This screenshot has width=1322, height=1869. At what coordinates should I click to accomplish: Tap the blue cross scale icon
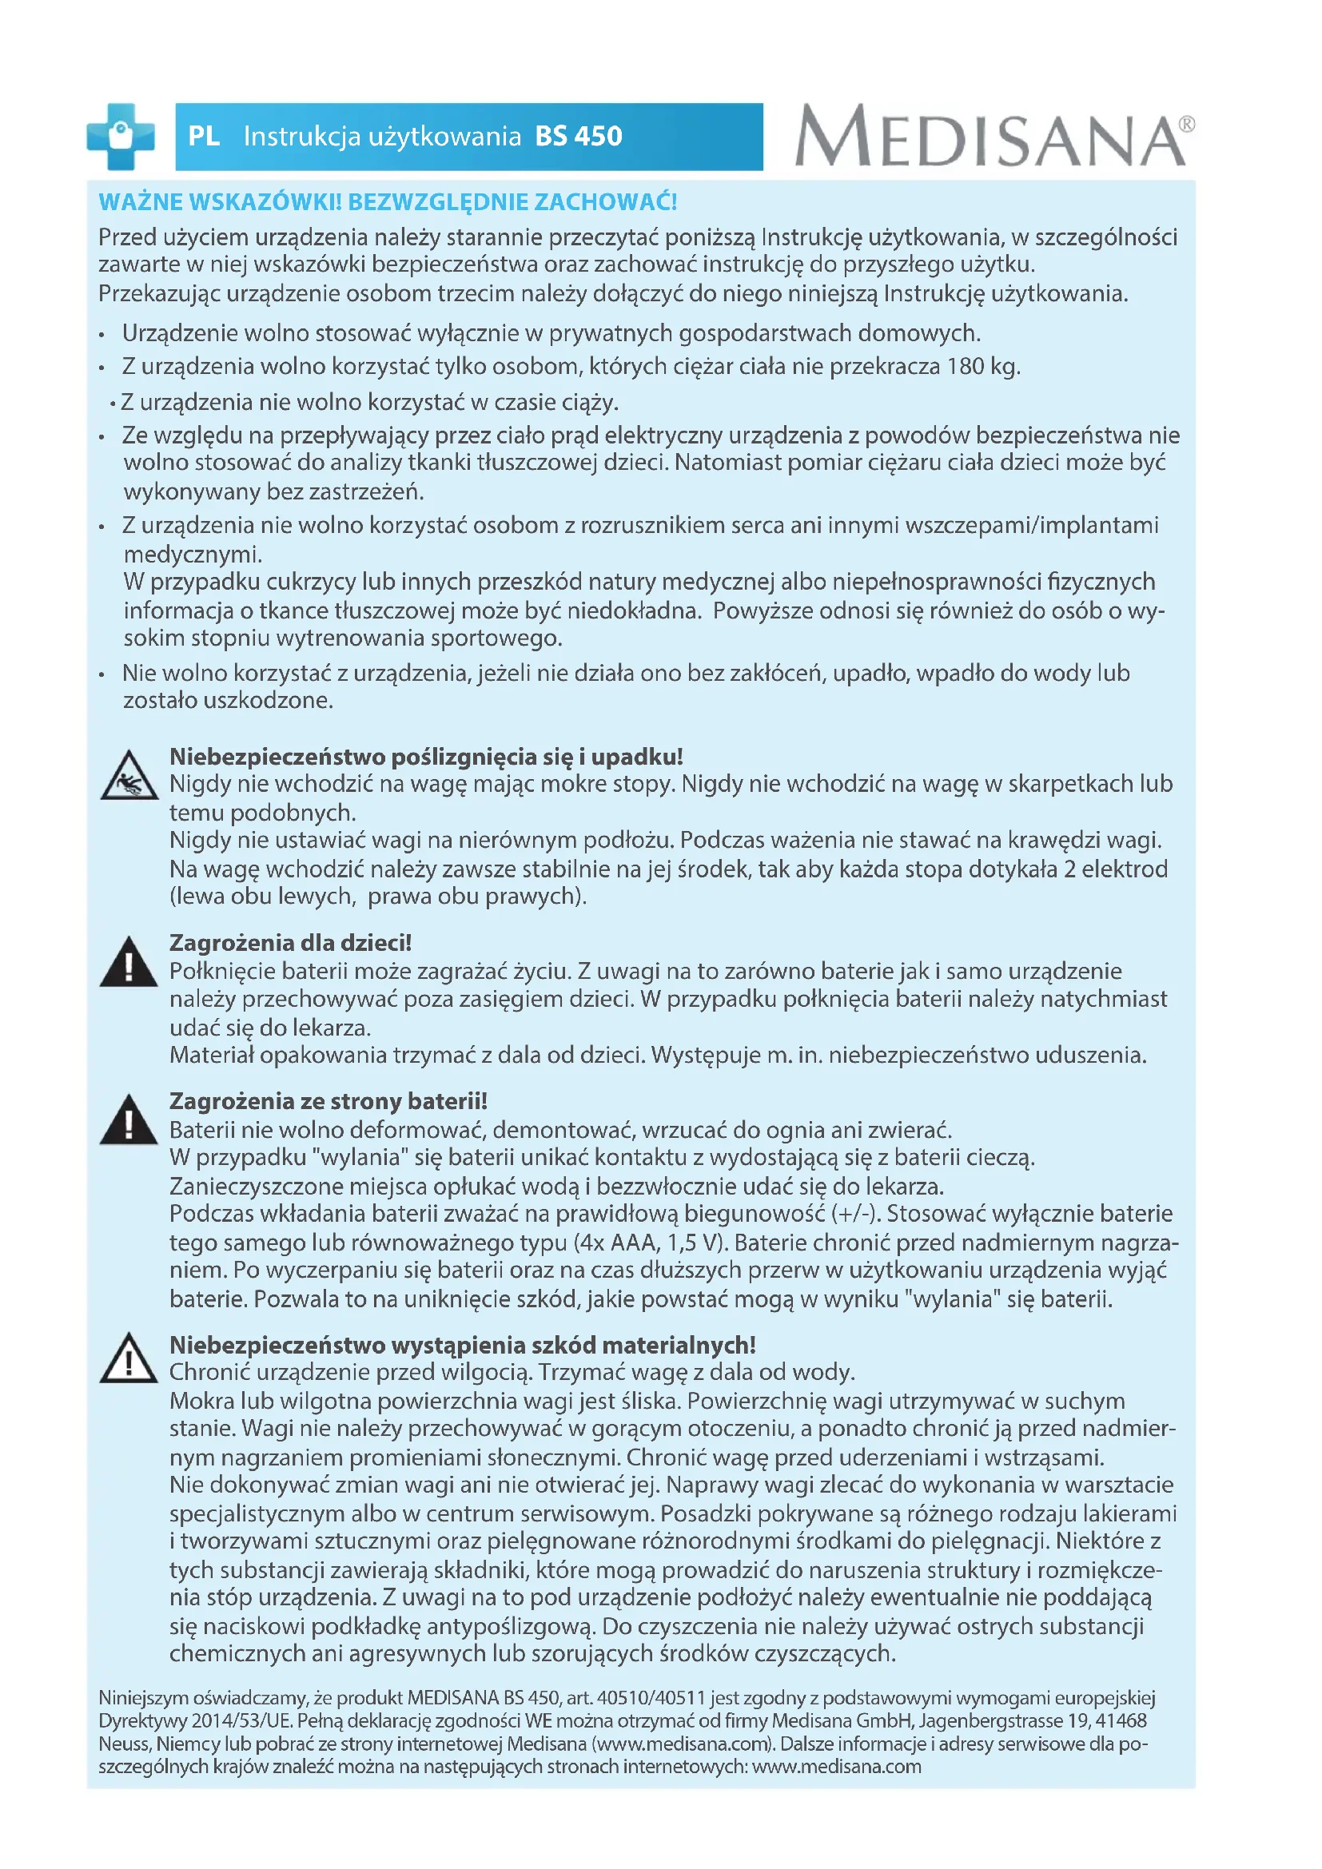click(x=121, y=136)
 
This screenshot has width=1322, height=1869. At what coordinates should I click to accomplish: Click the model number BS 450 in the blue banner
click(x=578, y=136)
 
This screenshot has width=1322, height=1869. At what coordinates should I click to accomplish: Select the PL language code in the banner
click(x=204, y=136)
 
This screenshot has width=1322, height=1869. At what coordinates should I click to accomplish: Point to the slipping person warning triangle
click(x=129, y=777)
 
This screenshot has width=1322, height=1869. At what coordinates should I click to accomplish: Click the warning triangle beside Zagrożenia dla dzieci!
click(x=129, y=963)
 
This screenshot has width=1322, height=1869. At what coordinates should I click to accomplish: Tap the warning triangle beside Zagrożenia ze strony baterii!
click(x=129, y=1121)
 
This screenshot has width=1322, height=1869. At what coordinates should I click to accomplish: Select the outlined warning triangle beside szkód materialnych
click(x=129, y=1358)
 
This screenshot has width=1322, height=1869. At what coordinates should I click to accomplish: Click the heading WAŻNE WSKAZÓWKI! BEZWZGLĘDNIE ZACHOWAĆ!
click(x=388, y=202)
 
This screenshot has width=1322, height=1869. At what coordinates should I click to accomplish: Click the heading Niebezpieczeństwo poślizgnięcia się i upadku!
click(x=426, y=756)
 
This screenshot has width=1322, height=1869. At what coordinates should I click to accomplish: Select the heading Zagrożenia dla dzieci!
click(x=291, y=943)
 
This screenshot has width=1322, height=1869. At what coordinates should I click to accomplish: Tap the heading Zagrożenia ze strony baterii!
click(x=328, y=1100)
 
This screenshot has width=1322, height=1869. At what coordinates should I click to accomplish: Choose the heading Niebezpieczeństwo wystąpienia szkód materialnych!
click(x=462, y=1345)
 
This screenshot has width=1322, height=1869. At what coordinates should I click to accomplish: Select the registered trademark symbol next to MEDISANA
click(x=1187, y=124)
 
